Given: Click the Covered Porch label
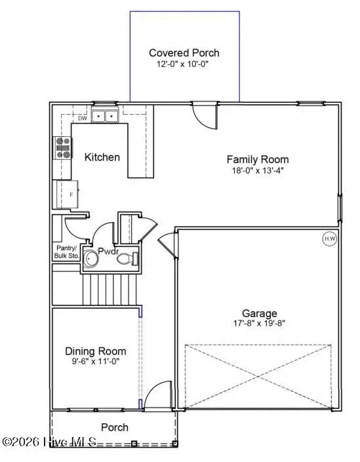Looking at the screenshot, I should coord(184,53).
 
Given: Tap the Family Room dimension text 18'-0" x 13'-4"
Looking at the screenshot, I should coord(258,170).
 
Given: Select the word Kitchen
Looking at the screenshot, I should coord(102,157).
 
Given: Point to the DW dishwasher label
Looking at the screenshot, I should coord(83,119).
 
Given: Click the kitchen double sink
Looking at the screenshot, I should coord(104,117).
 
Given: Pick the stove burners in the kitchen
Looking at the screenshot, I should coord(63,148).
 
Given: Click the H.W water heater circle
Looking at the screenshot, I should coord(329,239).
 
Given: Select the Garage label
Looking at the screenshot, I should coord(260,313).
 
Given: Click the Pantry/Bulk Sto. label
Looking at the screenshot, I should coord(66,251).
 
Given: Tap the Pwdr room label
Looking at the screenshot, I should coord(108,251).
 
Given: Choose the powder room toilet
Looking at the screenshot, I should coord(127,260).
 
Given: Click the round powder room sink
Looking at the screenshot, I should coord(90,261).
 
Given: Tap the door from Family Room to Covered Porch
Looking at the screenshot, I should coord(204,114).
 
